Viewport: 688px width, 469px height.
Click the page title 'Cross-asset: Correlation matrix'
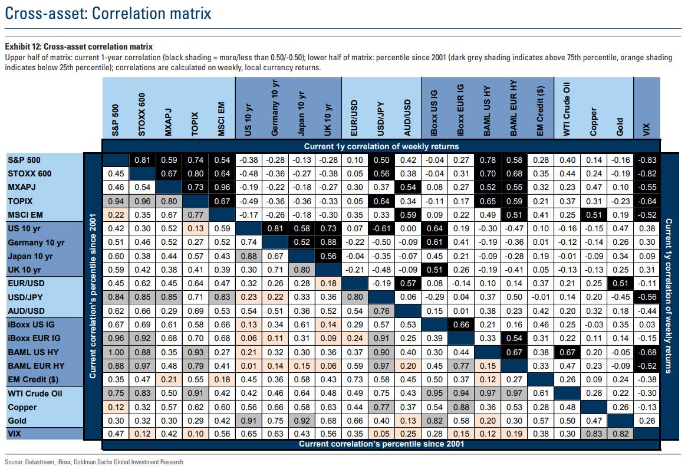[107, 13]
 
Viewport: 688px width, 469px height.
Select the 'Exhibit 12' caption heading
[78, 46]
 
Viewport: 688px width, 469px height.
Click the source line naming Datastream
[94, 462]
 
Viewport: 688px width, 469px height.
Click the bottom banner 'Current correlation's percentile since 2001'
[381, 444]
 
